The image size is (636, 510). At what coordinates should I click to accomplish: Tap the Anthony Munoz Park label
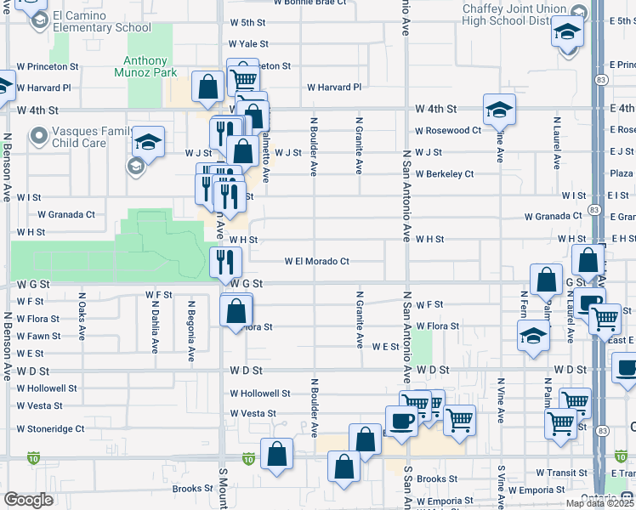(x=145, y=66)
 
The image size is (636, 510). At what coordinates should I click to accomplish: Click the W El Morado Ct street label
(x=317, y=262)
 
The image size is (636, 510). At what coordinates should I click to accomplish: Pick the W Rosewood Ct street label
(x=448, y=131)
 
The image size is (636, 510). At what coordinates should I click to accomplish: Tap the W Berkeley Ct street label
(x=445, y=174)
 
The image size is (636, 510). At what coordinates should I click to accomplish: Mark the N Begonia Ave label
(x=192, y=329)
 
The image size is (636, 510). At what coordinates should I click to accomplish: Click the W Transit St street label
(x=562, y=473)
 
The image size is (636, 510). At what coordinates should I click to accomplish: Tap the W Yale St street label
(x=248, y=44)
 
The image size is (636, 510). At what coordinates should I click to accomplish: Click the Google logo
(x=29, y=500)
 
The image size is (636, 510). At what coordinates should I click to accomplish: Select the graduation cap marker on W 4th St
(x=499, y=108)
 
